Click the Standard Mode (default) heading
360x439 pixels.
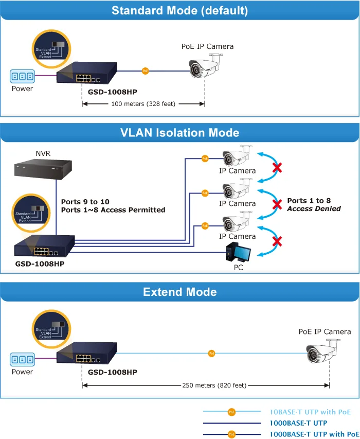179,11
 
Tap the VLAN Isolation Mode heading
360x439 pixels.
179,132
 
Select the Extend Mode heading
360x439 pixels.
180,292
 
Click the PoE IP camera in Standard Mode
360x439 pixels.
206,66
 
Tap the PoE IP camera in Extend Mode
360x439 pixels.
323,351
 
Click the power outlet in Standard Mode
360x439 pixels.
23,76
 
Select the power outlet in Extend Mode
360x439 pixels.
23,360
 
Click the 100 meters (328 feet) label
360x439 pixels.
143,104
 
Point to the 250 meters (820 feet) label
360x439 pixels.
214,385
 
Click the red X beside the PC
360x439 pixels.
277,241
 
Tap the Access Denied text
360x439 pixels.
314,208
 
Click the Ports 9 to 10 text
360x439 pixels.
85,202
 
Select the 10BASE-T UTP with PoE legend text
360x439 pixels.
310,412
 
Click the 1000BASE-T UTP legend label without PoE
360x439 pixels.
298,423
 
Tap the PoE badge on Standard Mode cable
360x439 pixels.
145,71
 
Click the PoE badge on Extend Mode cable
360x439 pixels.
212,354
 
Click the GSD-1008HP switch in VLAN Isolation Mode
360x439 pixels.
44,246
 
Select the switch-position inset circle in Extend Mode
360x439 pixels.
51,329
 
